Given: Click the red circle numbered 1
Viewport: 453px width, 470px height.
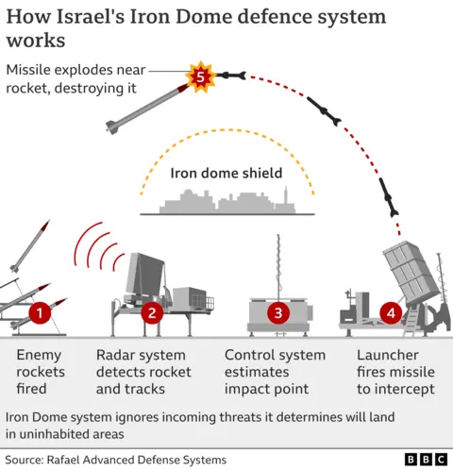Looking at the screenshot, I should [x=40, y=311].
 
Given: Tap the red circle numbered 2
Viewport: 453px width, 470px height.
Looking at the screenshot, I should [x=154, y=311].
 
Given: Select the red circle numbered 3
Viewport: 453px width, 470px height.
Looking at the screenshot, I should [x=277, y=311].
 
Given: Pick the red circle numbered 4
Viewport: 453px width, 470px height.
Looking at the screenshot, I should [x=391, y=311].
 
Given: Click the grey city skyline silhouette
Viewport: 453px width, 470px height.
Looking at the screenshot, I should [x=226, y=201].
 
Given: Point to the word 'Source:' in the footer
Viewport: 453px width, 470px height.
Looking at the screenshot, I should [x=29, y=460].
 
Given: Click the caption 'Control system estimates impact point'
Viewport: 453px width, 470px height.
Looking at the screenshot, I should [x=275, y=372].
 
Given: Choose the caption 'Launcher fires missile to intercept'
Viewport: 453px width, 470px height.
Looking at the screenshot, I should [x=395, y=372].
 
